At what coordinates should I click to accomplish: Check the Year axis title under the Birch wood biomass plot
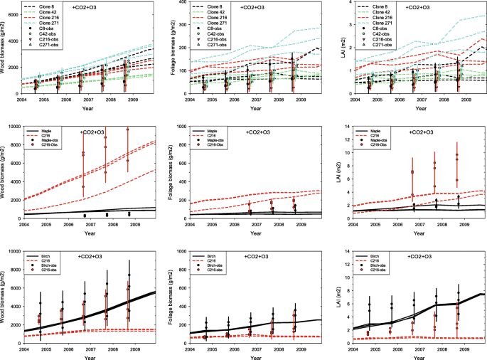[x=94, y=358]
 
